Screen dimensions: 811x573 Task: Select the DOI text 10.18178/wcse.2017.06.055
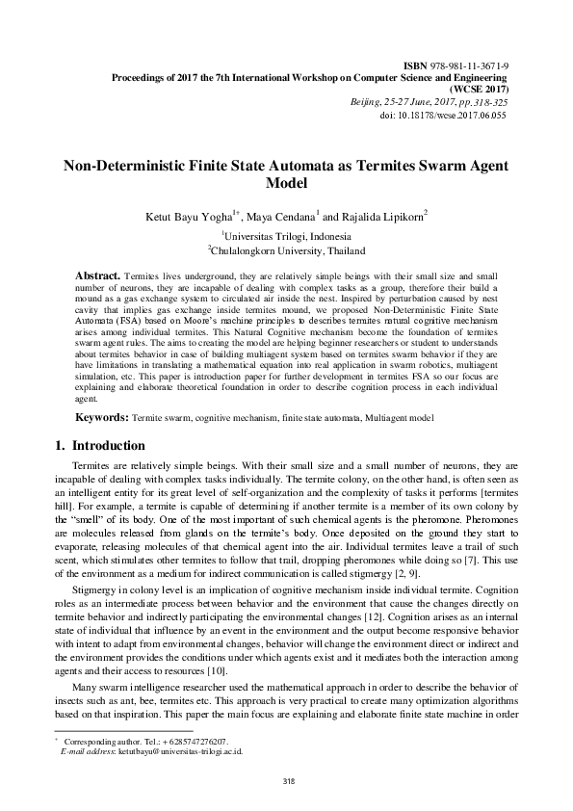click(456, 114)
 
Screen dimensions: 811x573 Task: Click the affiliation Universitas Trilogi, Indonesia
click(287, 235)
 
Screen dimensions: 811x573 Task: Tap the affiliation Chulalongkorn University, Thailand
click(287, 249)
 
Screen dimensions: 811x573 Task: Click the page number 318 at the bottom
click(286, 780)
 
